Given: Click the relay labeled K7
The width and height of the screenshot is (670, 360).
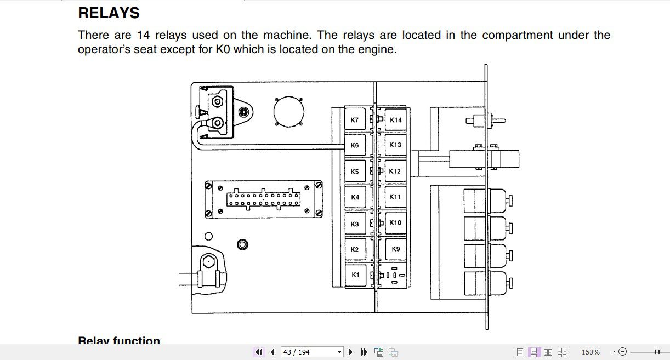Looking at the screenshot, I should [x=355, y=120].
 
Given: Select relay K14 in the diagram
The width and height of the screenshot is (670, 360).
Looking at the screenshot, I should [x=395, y=120].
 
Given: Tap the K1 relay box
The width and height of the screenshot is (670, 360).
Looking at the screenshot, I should [x=355, y=275].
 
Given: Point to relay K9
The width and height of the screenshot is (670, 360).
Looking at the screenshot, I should [x=395, y=249].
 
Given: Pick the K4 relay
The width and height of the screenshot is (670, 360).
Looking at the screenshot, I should [x=355, y=197].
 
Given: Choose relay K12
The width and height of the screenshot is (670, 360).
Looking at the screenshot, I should [x=395, y=171].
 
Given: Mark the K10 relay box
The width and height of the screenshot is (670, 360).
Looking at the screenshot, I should [x=395, y=222].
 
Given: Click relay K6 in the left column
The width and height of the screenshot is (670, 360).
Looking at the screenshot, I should [x=355, y=145].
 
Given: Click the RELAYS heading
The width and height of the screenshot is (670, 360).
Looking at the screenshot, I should [x=109, y=13].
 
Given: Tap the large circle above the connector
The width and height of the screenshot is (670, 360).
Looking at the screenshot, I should [x=289, y=111].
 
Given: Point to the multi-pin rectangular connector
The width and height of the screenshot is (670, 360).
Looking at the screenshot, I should [x=264, y=199].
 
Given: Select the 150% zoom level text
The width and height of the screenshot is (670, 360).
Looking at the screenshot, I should [x=590, y=352].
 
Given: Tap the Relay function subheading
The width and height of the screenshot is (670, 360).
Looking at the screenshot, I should [x=119, y=341].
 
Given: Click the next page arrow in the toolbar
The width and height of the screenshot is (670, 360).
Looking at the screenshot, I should [x=351, y=352].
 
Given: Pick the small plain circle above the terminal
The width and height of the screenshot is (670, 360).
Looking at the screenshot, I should [x=208, y=237].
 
